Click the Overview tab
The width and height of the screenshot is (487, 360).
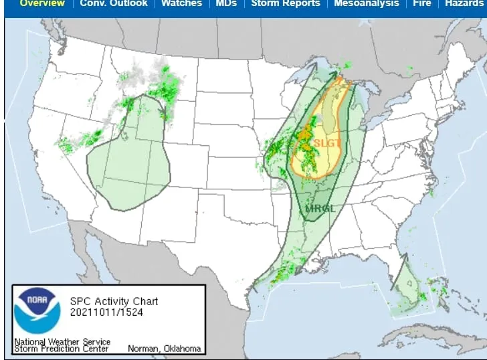click(x=42, y=3)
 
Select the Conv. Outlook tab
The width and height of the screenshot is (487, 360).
click(x=114, y=3)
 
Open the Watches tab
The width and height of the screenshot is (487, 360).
click(x=182, y=3)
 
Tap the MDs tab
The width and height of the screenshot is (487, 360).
click(x=226, y=3)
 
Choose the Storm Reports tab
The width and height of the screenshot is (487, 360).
click(x=286, y=3)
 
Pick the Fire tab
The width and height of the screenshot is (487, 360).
click(x=421, y=3)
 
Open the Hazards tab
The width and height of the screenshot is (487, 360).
click(x=464, y=3)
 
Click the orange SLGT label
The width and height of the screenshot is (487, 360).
click(x=327, y=143)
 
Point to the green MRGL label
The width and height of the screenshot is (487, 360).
click(x=320, y=208)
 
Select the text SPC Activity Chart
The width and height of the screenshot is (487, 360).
click(x=114, y=301)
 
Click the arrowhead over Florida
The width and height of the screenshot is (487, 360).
click(x=404, y=255)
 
